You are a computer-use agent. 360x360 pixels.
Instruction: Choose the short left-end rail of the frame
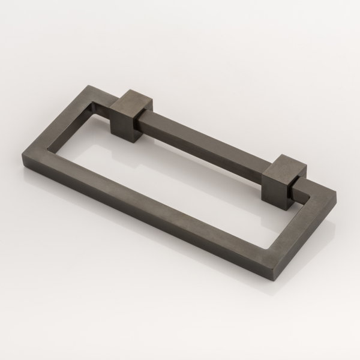tap(57, 120)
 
